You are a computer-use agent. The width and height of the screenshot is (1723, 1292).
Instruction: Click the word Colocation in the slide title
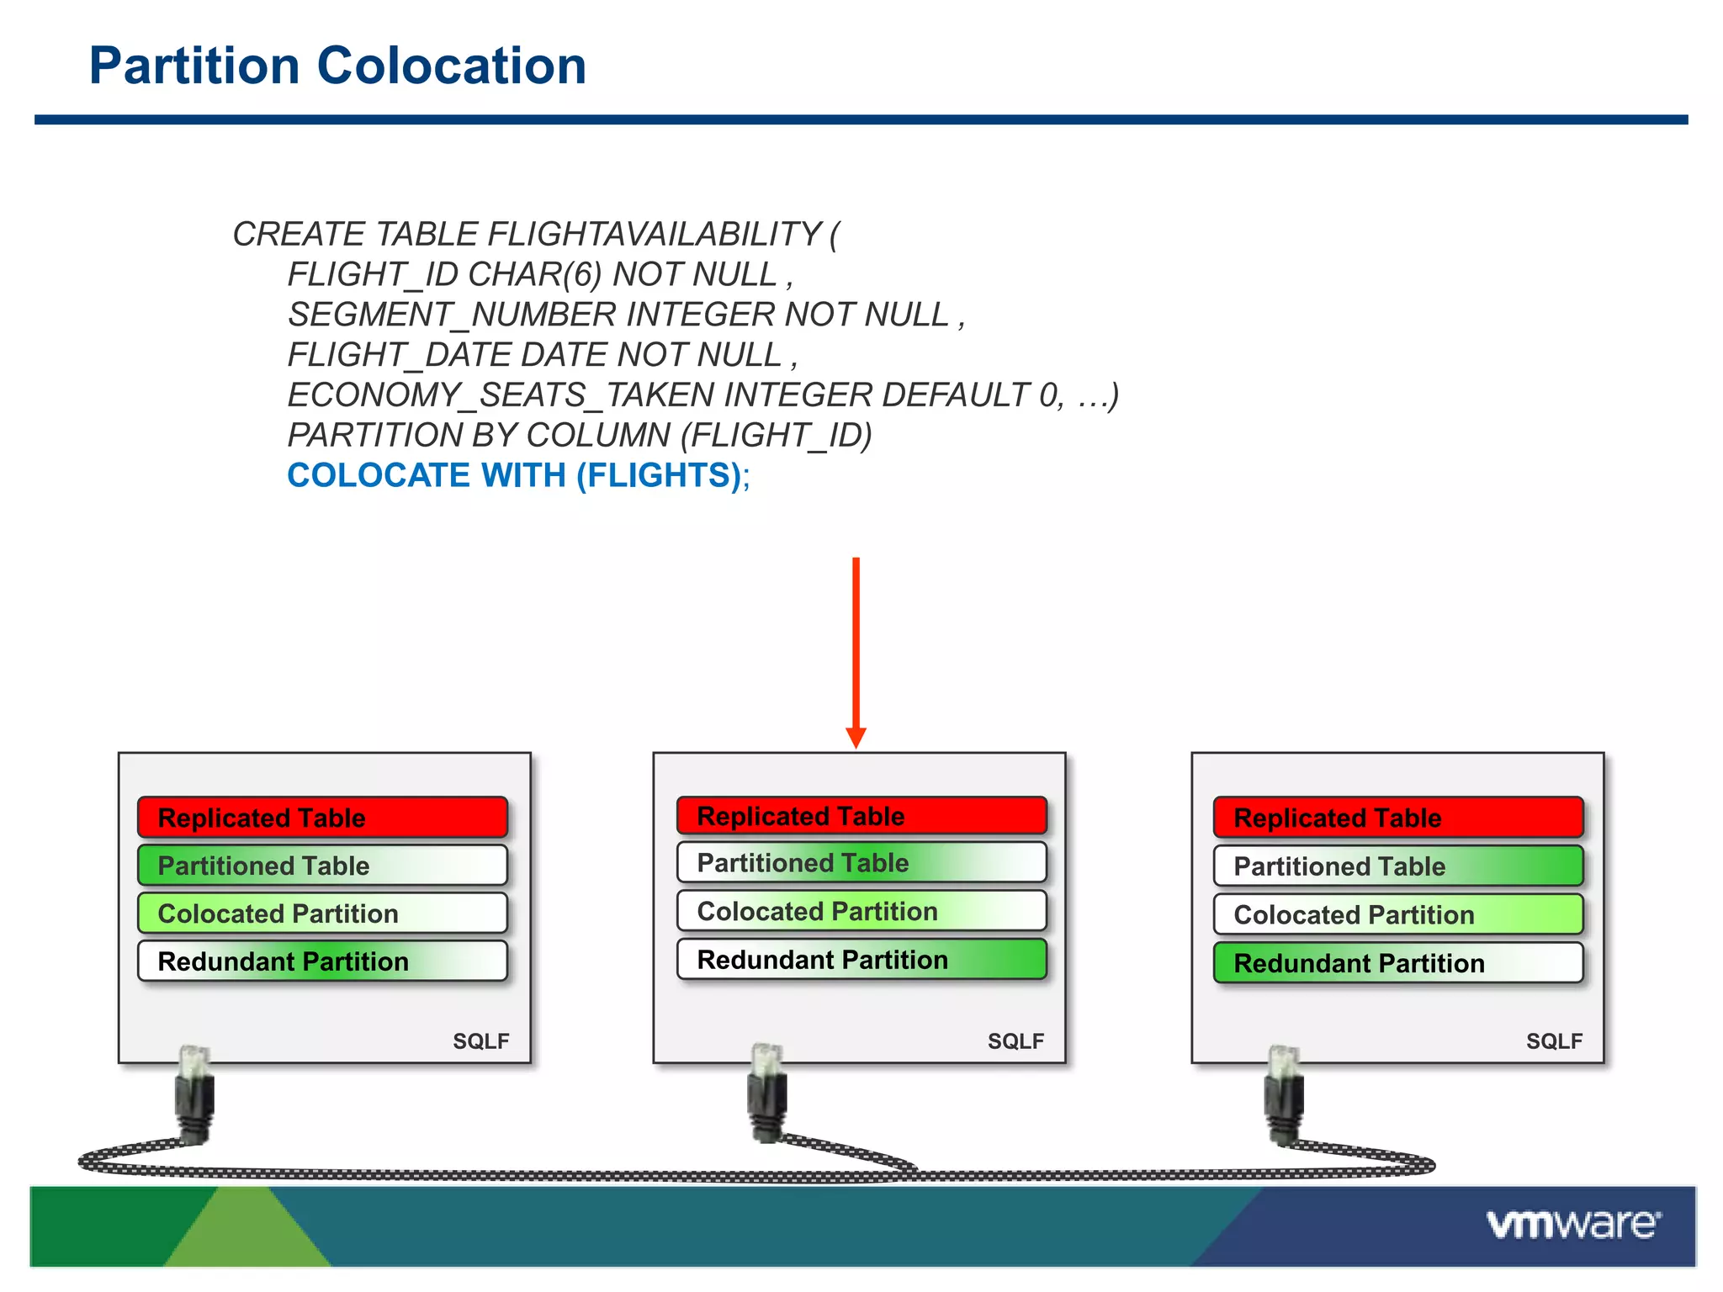tap(451, 66)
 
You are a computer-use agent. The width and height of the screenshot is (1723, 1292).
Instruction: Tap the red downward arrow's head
tap(856, 738)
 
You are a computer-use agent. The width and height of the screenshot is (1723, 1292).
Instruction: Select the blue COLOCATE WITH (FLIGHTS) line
tap(517, 476)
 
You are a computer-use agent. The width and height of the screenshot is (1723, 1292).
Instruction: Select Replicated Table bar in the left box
tap(322, 818)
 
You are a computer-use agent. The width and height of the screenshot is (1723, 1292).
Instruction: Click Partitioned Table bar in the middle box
tap(861, 863)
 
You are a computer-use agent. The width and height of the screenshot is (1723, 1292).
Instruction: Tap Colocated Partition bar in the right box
tap(1397, 915)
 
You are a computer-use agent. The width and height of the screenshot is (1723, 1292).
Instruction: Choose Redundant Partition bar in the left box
tap(322, 961)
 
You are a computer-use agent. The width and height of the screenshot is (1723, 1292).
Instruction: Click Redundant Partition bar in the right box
tap(1397, 963)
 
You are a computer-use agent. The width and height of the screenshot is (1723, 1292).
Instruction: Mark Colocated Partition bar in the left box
tap(322, 913)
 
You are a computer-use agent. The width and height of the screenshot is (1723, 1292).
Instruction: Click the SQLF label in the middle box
tap(1015, 1041)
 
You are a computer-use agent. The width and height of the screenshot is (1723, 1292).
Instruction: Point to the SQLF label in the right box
tap(1554, 1041)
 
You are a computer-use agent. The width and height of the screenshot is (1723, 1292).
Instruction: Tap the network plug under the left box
tap(194, 1093)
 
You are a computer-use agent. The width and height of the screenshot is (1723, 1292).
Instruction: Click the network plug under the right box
tap(1284, 1093)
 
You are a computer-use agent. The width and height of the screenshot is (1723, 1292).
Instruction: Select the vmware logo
tap(1572, 1224)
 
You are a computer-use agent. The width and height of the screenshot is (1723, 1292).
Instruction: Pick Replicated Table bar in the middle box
tap(861, 816)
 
